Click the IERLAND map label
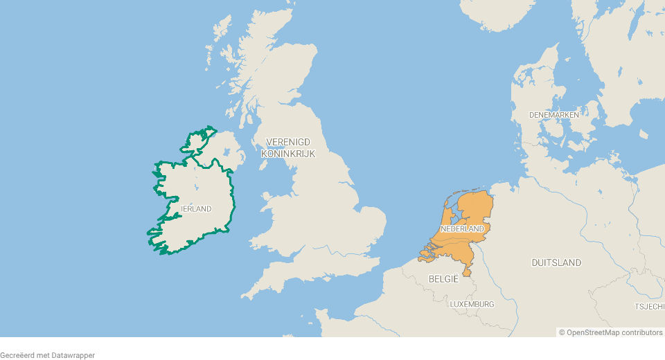196,208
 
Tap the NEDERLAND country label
462,228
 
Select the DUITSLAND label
556,262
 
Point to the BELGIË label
444,279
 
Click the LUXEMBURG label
472,304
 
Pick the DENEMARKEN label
553,114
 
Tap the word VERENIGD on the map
288,142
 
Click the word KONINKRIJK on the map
288,154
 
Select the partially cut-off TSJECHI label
649,306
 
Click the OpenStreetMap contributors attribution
610,332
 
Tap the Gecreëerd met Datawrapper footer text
47,355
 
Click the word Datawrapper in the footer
72,355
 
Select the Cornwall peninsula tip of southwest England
247,296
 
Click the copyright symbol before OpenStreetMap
562,332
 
